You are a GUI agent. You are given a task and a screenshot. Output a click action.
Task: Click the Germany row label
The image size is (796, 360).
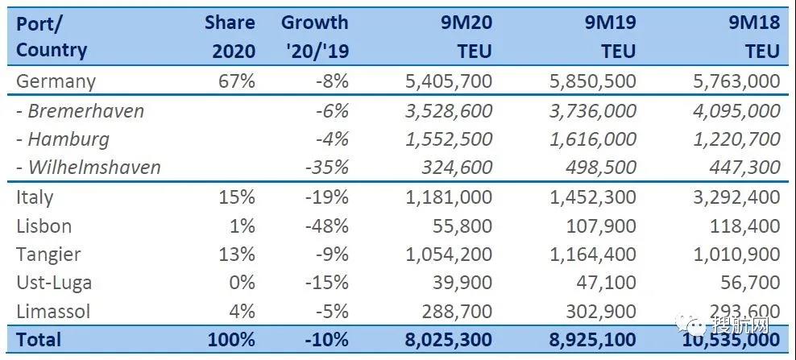[x=56, y=81]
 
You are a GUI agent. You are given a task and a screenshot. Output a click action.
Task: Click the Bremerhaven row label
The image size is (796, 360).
[x=80, y=110]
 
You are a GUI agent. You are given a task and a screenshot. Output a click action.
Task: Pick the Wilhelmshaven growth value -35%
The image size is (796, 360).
[x=329, y=168]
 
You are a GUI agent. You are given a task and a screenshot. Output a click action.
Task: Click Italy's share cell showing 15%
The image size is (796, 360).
[x=238, y=197]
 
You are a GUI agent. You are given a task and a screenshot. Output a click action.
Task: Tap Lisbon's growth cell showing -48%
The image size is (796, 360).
[x=327, y=226]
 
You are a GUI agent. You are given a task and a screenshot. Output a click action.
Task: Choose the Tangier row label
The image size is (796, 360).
[x=48, y=254]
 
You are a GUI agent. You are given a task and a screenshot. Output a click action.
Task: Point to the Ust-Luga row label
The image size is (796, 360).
[x=54, y=283]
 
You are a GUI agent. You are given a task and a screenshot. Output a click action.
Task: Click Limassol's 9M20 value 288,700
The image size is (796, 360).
[x=451, y=311]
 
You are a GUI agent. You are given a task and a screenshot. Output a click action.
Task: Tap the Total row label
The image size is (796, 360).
[x=39, y=340]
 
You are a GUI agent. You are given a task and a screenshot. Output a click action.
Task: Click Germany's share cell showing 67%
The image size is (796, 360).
[x=238, y=81]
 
